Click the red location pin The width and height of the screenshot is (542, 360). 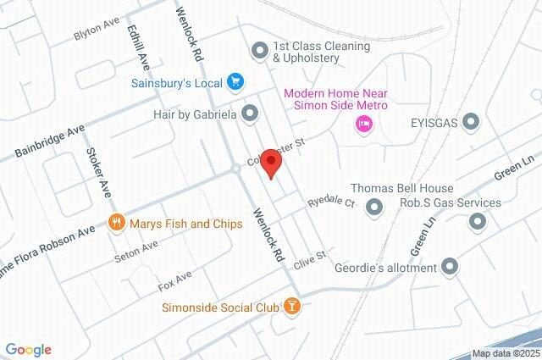click(270, 162)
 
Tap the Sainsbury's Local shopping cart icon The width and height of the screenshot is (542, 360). click(236, 82)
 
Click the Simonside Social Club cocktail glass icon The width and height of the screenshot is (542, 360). click(290, 305)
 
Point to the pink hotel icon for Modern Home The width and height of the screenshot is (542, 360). click(363, 125)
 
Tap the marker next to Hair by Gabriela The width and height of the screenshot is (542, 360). click(249, 112)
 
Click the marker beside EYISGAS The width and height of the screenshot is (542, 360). click(472, 123)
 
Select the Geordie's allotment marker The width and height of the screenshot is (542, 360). click(451, 268)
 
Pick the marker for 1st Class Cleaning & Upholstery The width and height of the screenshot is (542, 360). click(260, 51)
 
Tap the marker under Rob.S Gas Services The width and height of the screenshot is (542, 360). click(478, 222)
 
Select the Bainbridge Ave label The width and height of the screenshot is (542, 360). click(50, 141)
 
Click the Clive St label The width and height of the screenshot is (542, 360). click(309, 255)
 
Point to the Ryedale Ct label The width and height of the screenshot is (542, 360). click(331, 203)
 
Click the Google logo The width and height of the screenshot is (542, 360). click(28, 349)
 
